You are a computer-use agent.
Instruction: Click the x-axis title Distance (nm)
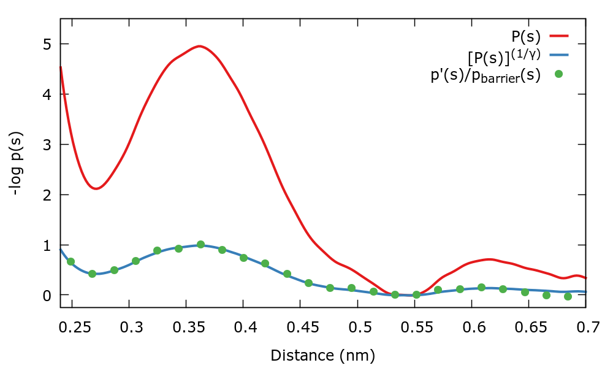click(322, 355)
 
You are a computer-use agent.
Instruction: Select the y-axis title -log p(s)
click(18, 164)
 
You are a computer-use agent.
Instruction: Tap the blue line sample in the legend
click(560, 56)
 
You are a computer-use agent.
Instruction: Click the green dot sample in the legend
click(558, 74)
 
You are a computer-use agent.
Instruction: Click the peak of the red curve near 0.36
click(200, 46)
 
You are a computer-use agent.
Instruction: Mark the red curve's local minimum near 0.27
click(96, 188)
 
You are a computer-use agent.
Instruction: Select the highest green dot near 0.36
click(200, 244)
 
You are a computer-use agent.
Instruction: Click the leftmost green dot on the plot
click(71, 262)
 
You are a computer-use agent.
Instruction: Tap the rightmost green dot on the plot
click(568, 296)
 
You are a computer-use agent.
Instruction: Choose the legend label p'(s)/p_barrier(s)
click(485, 76)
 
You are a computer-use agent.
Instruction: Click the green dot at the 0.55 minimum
click(416, 294)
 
